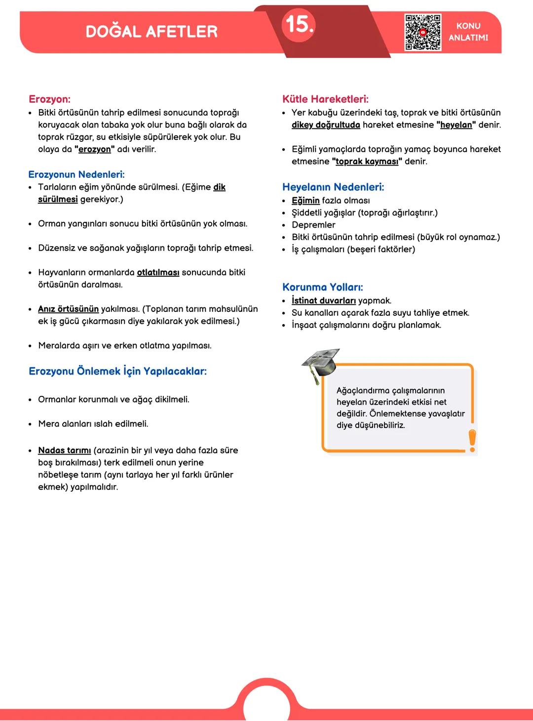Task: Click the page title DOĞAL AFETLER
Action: (152, 32)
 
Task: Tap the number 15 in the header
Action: (299, 24)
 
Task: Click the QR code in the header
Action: (422, 33)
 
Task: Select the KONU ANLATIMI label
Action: (468, 32)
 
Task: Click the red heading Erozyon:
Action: (49, 99)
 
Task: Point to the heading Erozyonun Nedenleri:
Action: (76, 174)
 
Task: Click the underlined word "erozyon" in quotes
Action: (95, 149)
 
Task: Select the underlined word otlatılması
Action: (158, 272)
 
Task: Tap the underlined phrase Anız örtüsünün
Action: (68, 309)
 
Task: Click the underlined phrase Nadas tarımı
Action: (64, 450)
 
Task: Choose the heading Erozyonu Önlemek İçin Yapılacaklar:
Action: (117, 371)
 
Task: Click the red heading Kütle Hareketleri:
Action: (325, 99)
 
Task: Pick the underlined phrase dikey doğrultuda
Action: (326, 125)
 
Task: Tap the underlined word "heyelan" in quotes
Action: (456, 125)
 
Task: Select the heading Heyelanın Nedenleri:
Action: (333, 187)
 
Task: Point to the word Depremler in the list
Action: (313, 225)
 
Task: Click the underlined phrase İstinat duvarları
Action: (324, 300)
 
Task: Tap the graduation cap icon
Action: (321, 364)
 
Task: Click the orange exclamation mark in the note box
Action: (472, 440)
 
